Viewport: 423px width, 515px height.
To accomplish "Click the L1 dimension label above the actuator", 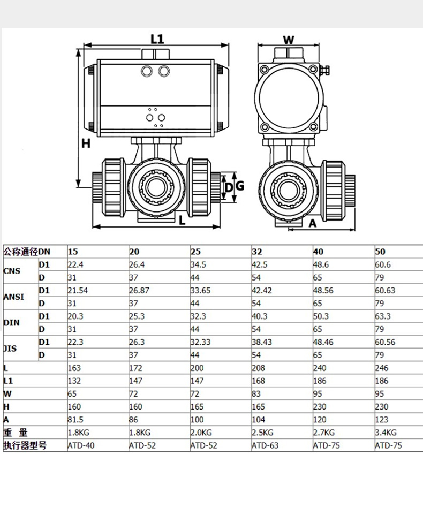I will [157, 39].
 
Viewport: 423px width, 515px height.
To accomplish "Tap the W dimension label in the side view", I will [289, 40].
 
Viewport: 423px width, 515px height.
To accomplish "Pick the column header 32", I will [258, 251].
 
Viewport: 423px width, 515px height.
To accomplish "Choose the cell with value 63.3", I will [382, 316].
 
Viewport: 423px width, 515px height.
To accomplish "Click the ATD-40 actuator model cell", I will [81, 445].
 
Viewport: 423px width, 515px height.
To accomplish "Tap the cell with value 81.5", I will [75, 419].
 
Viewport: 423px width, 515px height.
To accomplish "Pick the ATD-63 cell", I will [265, 445].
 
